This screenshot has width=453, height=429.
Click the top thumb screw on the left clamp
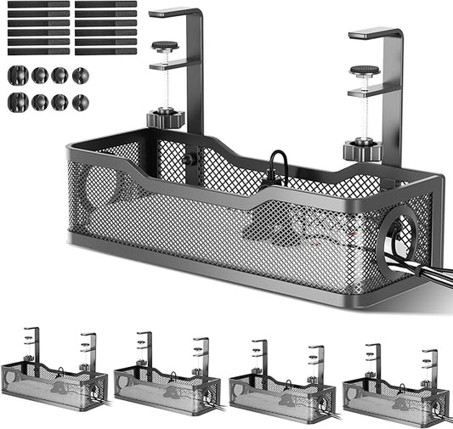(164, 46)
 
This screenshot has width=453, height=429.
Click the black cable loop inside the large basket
(277, 166)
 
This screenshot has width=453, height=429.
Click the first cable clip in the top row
(18, 75)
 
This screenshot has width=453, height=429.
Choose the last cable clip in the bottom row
(80, 102)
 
